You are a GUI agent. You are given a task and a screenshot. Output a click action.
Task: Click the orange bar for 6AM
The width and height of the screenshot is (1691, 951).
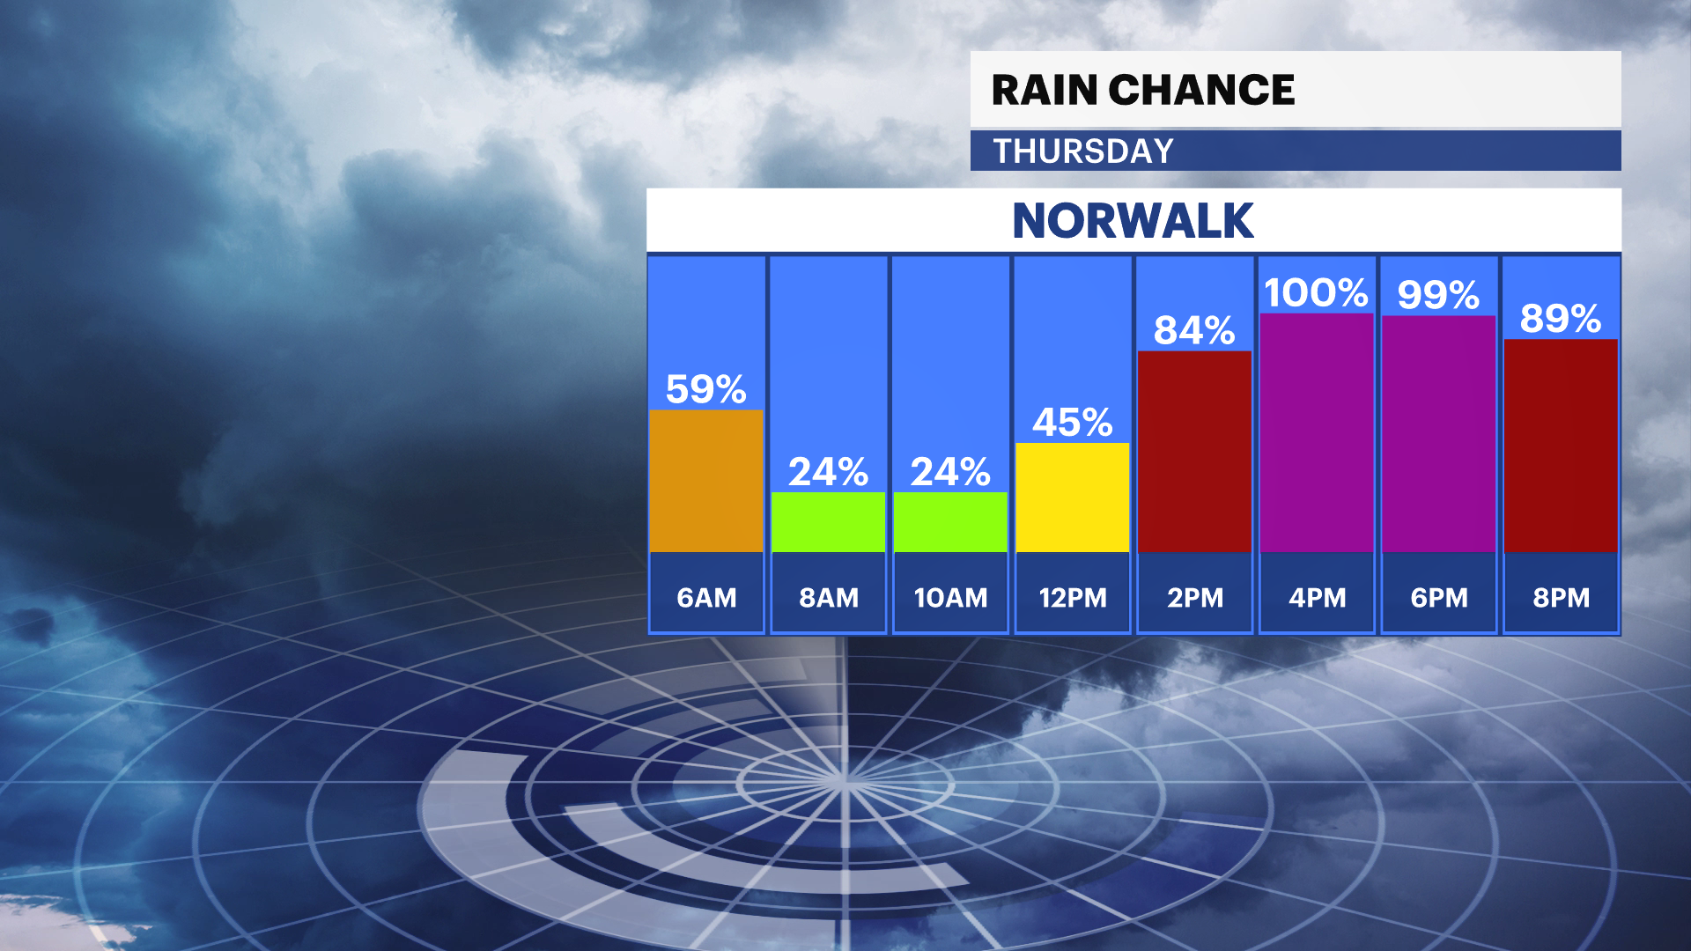pos(705,481)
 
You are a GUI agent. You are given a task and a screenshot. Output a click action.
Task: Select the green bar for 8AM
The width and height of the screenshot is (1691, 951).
pos(828,522)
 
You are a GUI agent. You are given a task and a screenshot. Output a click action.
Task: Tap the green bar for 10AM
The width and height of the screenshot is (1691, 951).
pos(950,522)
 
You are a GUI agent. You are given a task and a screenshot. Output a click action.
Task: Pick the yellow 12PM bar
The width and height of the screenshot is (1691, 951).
pos(1072,498)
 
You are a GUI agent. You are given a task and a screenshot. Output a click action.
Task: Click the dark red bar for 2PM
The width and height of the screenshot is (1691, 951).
pos(1194,452)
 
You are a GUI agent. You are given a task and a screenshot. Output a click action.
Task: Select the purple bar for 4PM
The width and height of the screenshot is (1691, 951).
pos(1317,432)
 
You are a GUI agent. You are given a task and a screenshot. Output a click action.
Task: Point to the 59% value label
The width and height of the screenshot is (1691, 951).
pos(705,389)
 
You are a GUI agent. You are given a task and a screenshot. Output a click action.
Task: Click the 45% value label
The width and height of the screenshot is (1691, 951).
pos(1072,423)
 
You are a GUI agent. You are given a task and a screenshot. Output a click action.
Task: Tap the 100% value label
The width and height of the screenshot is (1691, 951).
pos(1316,293)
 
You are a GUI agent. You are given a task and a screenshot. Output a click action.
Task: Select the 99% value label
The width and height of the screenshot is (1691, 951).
pos(1438,295)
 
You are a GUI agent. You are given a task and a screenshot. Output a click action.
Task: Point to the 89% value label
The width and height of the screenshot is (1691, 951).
pos(1560,319)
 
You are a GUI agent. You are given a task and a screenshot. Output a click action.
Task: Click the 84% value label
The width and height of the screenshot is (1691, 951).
pos(1194,331)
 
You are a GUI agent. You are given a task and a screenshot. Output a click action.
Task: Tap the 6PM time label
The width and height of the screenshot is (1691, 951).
pos(1439,598)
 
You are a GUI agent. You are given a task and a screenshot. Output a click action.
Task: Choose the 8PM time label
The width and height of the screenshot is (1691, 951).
pos(1561,598)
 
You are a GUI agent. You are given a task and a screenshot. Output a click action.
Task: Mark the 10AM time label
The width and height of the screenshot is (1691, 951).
pos(950,598)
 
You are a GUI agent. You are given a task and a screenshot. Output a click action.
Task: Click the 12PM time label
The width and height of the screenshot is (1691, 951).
pos(1072,598)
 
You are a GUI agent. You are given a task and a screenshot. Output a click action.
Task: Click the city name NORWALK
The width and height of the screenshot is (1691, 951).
pos(1133,220)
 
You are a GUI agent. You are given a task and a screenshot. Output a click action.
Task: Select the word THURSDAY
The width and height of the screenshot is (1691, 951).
pos(1083,151)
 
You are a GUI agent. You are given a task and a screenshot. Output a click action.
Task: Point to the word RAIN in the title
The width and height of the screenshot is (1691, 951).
pos(1045,90)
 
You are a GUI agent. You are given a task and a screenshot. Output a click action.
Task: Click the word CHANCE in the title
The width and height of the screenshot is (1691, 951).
pos(1201,90)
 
